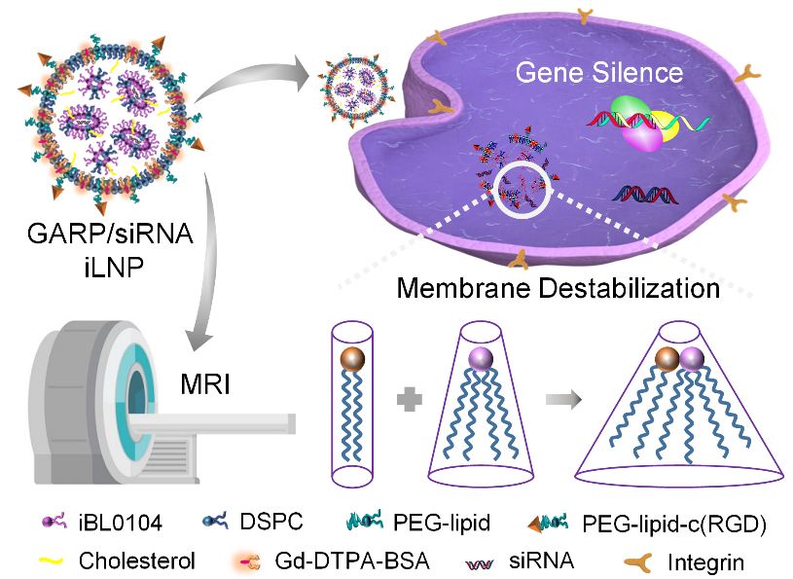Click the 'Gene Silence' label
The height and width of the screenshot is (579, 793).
[x=598, y=72]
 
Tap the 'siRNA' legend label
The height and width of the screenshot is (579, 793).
[x=521, y=561]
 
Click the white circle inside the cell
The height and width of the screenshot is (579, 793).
[x=523, y=185]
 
